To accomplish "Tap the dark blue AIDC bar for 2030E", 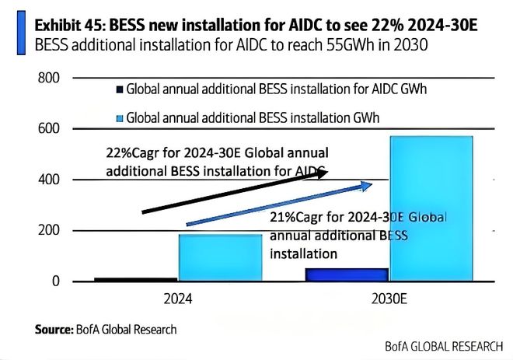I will point(335,274).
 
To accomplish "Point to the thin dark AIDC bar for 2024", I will point(135,279).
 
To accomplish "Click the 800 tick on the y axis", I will point(48,78).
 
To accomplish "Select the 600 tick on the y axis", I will point(48,128).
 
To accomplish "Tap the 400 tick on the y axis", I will point(48,180).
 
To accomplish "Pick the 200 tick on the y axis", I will point(48,230).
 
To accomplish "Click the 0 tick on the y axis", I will point(54,281).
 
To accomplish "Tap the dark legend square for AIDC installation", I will point(119,89).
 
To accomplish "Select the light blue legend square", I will point(119,120).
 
